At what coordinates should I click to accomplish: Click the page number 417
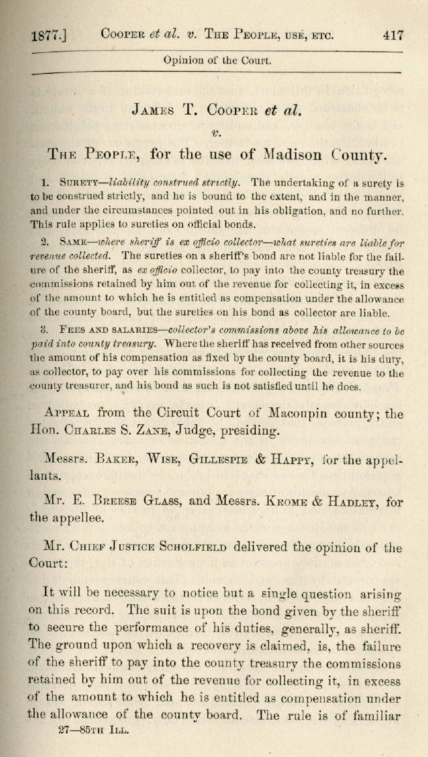coord(393,35)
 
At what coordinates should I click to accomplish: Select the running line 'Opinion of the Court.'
coord(217,61)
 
